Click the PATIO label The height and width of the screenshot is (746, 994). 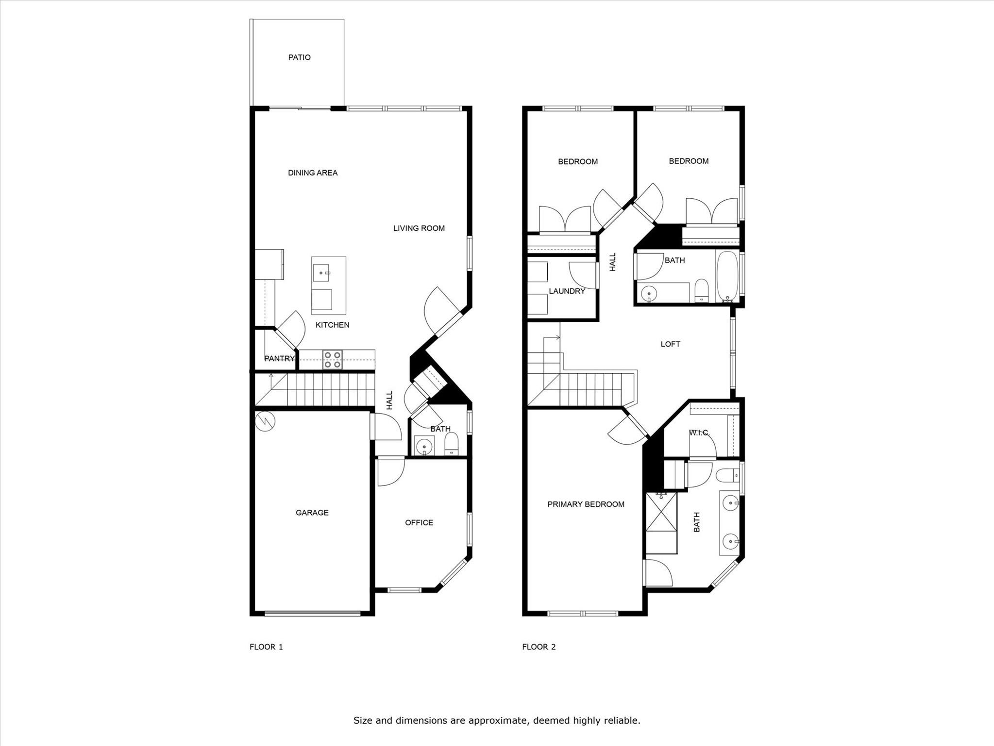[x=299, y=57]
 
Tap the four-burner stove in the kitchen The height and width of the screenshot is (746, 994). [x=333, y=360]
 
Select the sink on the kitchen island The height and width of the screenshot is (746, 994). [x=321, y=273]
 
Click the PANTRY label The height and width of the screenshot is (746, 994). [x=279, y=359]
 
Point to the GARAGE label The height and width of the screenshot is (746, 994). [x=312, y=512]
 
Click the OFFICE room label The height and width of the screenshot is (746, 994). [x=419, y=522]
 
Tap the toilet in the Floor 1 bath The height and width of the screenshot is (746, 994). [x=451, y=444]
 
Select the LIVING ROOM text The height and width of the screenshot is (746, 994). [x=419, y=228]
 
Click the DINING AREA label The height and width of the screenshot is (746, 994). [x=313, y=173]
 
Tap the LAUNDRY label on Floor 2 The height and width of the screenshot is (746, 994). [x=567, y=291]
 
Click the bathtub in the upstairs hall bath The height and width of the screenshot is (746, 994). [x=727, y=276]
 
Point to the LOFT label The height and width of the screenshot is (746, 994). [x=670, y=344]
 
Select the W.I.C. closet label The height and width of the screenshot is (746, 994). [x=699, y=433]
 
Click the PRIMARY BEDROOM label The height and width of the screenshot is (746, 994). [x=586, y=504]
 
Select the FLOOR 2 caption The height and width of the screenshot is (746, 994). [x=539, y=647]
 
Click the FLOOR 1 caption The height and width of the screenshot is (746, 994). [x=266, y=647]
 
